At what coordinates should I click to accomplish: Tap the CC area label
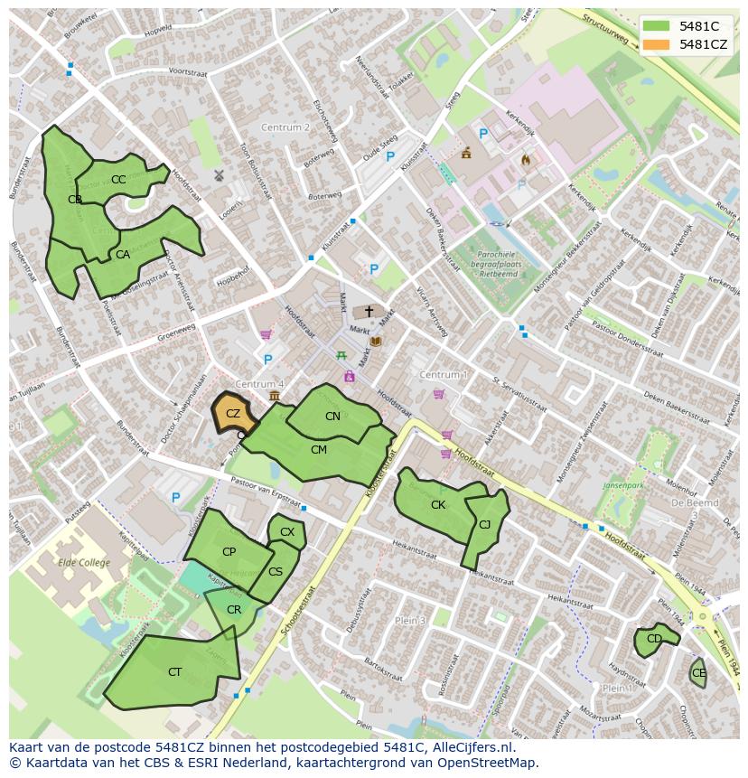118,179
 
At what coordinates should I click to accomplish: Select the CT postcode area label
175,671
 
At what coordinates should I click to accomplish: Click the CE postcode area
698,673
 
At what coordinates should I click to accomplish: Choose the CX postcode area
287,532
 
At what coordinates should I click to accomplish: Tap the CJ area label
485,524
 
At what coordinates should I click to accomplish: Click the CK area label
438,505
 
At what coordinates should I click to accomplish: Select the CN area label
332,416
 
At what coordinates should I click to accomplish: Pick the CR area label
234,610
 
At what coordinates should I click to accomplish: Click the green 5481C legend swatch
657,26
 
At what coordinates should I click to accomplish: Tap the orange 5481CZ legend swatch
657,44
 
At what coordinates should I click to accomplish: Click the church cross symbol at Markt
369,311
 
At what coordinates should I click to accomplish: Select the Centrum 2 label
285,127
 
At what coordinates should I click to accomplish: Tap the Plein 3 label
409,621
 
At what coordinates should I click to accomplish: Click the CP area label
229,552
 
